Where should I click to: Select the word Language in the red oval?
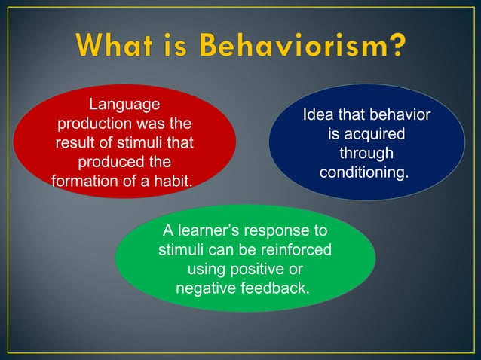coord(124,105)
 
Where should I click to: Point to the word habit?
coord(170,181)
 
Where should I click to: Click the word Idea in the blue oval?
coord(320,116)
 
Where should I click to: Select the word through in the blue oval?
coord(366,154)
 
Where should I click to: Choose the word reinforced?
coord(290,249)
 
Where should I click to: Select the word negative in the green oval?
coord(204,288)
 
